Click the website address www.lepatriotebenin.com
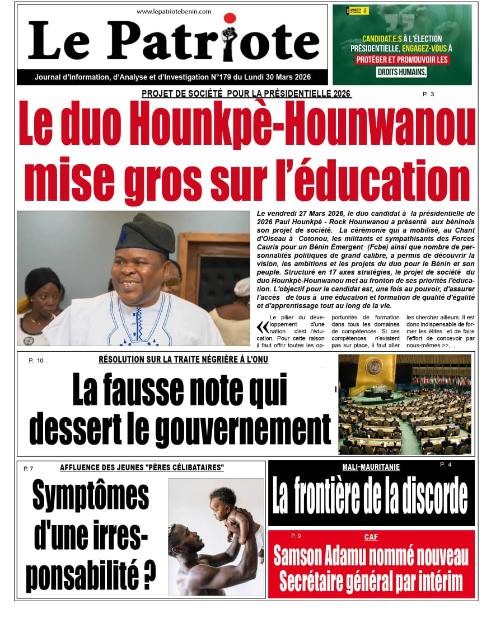(174, 11)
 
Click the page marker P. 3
(428, 94)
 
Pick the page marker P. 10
(36, 361)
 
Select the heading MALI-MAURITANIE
(371, 468)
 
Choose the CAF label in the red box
(371, 537)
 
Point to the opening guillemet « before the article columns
(261, 327)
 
